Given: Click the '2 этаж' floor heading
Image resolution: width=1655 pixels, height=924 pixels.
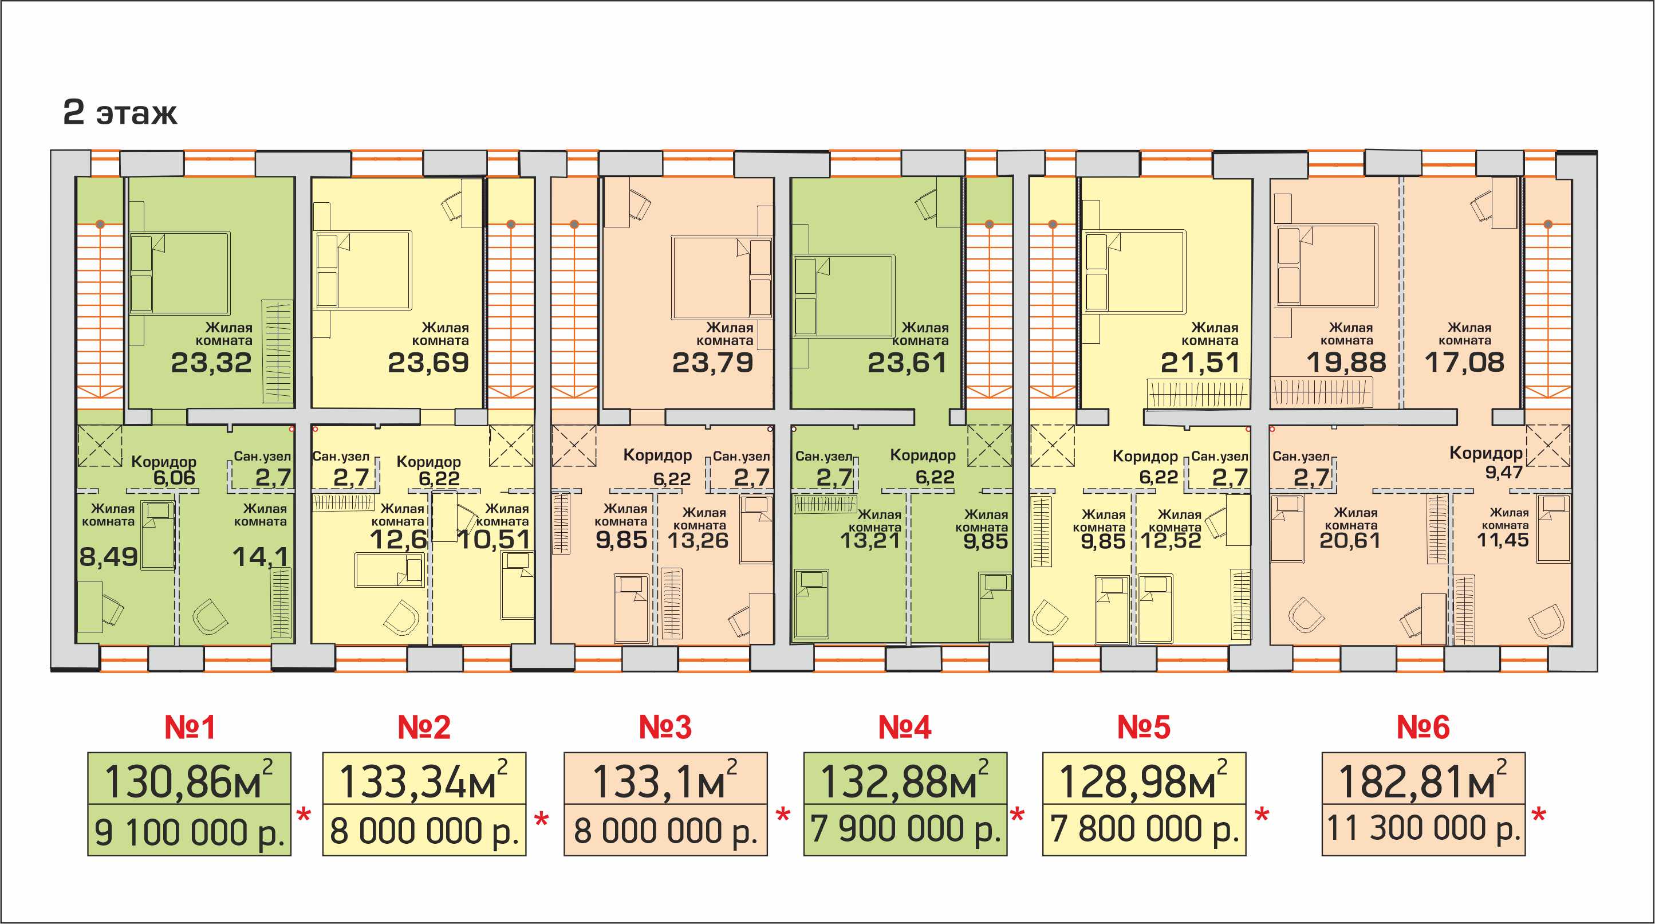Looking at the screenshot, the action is (120, 112).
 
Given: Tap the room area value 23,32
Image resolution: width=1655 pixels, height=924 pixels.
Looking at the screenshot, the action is (211, 363).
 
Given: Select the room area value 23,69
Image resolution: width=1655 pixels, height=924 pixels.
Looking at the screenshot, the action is (428, 363).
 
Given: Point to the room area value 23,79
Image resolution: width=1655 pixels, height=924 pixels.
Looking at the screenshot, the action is (712, 363).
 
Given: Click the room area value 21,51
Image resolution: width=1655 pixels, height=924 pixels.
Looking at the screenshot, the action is (1200, 363).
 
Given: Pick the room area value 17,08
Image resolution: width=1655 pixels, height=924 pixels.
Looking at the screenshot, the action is (1465, 363).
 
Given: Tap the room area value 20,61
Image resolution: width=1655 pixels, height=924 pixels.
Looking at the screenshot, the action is (1350, 540).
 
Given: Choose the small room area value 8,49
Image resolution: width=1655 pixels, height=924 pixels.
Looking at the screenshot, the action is (108, 557).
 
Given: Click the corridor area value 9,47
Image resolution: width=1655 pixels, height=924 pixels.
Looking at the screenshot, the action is (1504, 472).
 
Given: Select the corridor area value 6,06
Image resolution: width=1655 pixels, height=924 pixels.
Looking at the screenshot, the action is (174, 477).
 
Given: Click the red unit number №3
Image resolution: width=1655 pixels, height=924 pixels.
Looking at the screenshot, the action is (665, 728).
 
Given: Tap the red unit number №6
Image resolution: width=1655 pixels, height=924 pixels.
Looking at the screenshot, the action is (1423, 728).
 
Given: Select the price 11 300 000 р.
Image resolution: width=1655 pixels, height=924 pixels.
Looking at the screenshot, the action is (1423, 828).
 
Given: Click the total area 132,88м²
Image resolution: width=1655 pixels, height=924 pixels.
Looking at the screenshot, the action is (905, 780).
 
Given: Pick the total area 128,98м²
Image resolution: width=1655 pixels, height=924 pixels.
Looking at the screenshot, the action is (1144, 780).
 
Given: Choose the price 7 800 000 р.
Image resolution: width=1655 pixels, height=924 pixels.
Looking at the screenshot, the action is (1144, 829).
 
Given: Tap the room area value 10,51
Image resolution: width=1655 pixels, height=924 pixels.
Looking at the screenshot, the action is (494, 540).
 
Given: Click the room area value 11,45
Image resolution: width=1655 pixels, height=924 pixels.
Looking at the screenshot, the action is (1503, 540).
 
